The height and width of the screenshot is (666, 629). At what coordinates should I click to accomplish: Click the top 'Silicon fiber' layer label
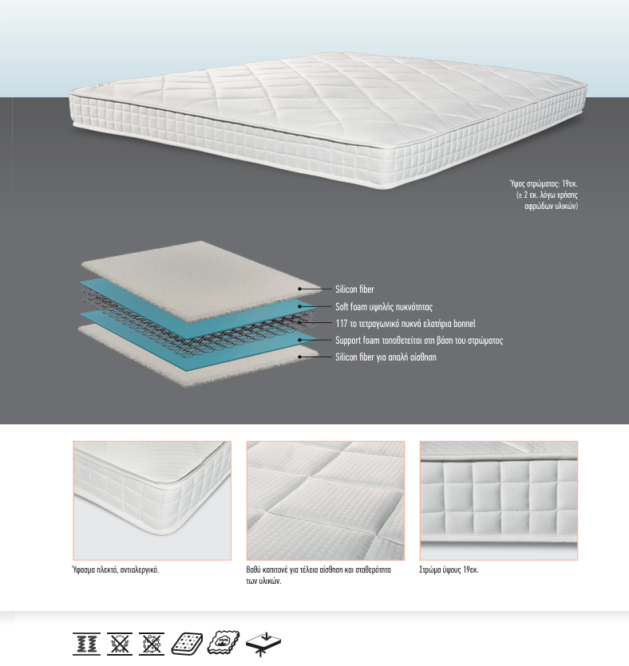tap(354, 290)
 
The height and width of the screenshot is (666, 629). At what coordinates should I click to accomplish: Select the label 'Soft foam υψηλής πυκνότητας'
tap(384, 306)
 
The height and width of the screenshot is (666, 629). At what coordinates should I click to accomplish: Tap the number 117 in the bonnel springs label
tap(342, 324)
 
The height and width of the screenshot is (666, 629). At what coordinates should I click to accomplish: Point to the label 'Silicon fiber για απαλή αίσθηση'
tap(386, 357)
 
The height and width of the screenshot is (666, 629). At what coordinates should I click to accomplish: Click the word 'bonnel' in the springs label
tap(464, 324)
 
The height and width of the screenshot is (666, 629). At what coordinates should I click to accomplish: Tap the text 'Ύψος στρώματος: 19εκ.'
tap(543, 184)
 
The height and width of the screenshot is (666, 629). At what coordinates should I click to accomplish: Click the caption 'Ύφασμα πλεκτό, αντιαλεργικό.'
tap(116, 570)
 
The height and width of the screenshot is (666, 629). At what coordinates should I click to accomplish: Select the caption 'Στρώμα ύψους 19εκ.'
tap(449, 570)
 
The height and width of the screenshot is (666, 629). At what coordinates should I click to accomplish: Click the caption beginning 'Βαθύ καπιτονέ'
tap(318, 575)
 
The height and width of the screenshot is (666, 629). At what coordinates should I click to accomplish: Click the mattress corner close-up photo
tap(152, 500)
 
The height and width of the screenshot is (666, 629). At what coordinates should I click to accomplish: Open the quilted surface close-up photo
tap(326, 500)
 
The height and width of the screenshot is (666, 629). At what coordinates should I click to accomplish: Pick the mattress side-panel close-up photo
tap(499, 500)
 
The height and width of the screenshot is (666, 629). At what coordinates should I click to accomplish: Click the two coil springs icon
tap(87, 644)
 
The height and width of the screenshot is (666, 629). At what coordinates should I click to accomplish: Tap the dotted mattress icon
tap(187, 644)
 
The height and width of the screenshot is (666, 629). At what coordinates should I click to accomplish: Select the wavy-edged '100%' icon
tap(224, 642)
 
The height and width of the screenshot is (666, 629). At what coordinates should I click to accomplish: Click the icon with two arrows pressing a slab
tap(263, 644)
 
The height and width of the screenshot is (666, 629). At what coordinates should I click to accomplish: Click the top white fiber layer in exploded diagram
tap(200, 280)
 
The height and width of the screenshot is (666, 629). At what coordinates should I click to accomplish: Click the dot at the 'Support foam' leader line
tap(300, 341)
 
